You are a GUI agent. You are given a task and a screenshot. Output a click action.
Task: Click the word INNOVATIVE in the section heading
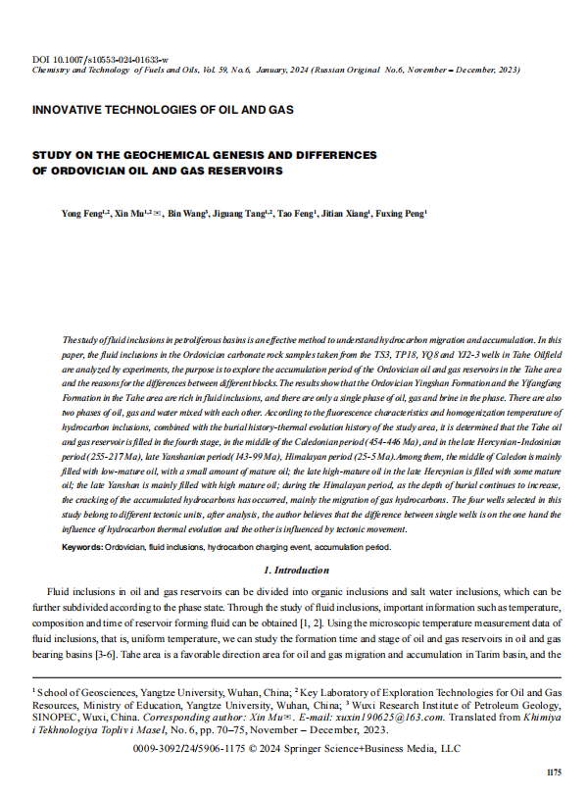pyautogui.click(x=69, y=110)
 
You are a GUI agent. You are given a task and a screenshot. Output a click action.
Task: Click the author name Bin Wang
pyautogui.click(x=186, y=212)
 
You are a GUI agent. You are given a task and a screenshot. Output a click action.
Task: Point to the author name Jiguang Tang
pyautogui.click(x=239, y=212)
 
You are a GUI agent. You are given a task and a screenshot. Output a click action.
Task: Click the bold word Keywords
pyautogui.click(x=82, y=547)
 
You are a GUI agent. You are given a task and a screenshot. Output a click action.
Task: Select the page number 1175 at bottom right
pyautogui.click(x=554, y=772)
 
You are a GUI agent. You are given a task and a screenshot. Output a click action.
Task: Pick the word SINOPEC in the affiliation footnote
pyautogui.click(x=59, y=717)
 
